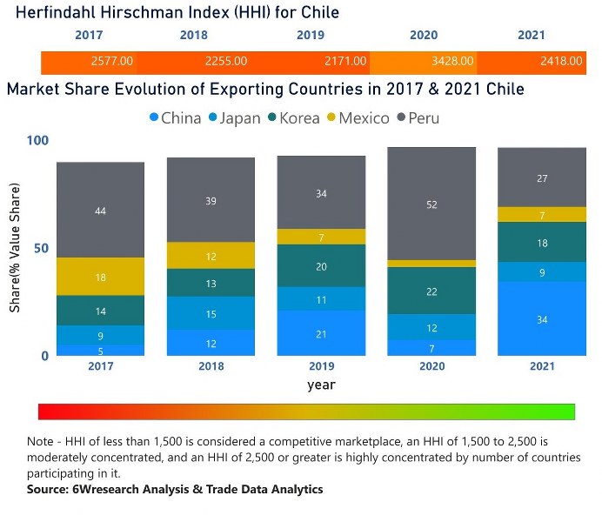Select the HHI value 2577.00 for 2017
pos(111,62)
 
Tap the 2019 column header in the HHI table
pos(310,36)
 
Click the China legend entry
pos(175,117)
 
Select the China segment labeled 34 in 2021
pos(542,319)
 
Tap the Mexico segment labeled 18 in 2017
pos(100,277)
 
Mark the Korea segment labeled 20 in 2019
pos(321,266)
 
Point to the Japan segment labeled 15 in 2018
pos(211,313)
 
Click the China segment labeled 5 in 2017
pos(100,351)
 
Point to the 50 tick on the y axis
pos(41,248)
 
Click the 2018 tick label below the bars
pos(211,366)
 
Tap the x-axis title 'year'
pos(321,384)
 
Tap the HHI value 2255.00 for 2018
pos(225,62)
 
